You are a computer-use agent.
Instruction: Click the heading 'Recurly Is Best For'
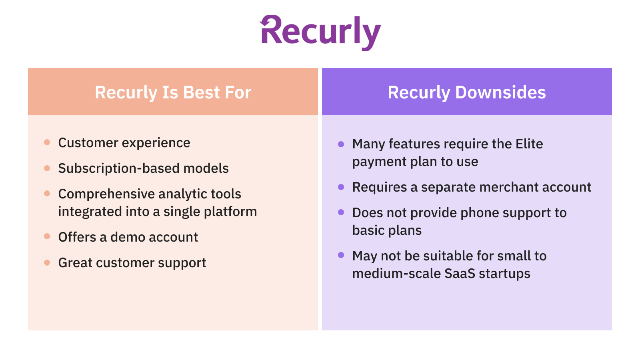(x=173, y=92)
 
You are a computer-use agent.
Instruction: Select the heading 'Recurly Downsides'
(x=466, y=92)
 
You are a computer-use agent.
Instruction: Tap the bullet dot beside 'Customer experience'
(x=47, y=142)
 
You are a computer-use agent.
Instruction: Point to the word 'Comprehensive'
(x=106, y=194)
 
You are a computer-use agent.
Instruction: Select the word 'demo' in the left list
(x=128, y=237)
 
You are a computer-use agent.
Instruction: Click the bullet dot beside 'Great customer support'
(x=47, y=263)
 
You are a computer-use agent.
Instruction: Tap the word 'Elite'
(x=529, y=144)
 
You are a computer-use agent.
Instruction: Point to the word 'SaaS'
(x=460, y=274)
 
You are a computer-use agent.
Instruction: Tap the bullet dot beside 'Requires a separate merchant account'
(x=341, y=187)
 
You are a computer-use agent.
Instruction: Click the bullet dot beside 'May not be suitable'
(x=341, y=255)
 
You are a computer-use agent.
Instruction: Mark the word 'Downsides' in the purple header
(x=500, y=92)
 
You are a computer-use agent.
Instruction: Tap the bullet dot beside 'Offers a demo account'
(x=47, y=237)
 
